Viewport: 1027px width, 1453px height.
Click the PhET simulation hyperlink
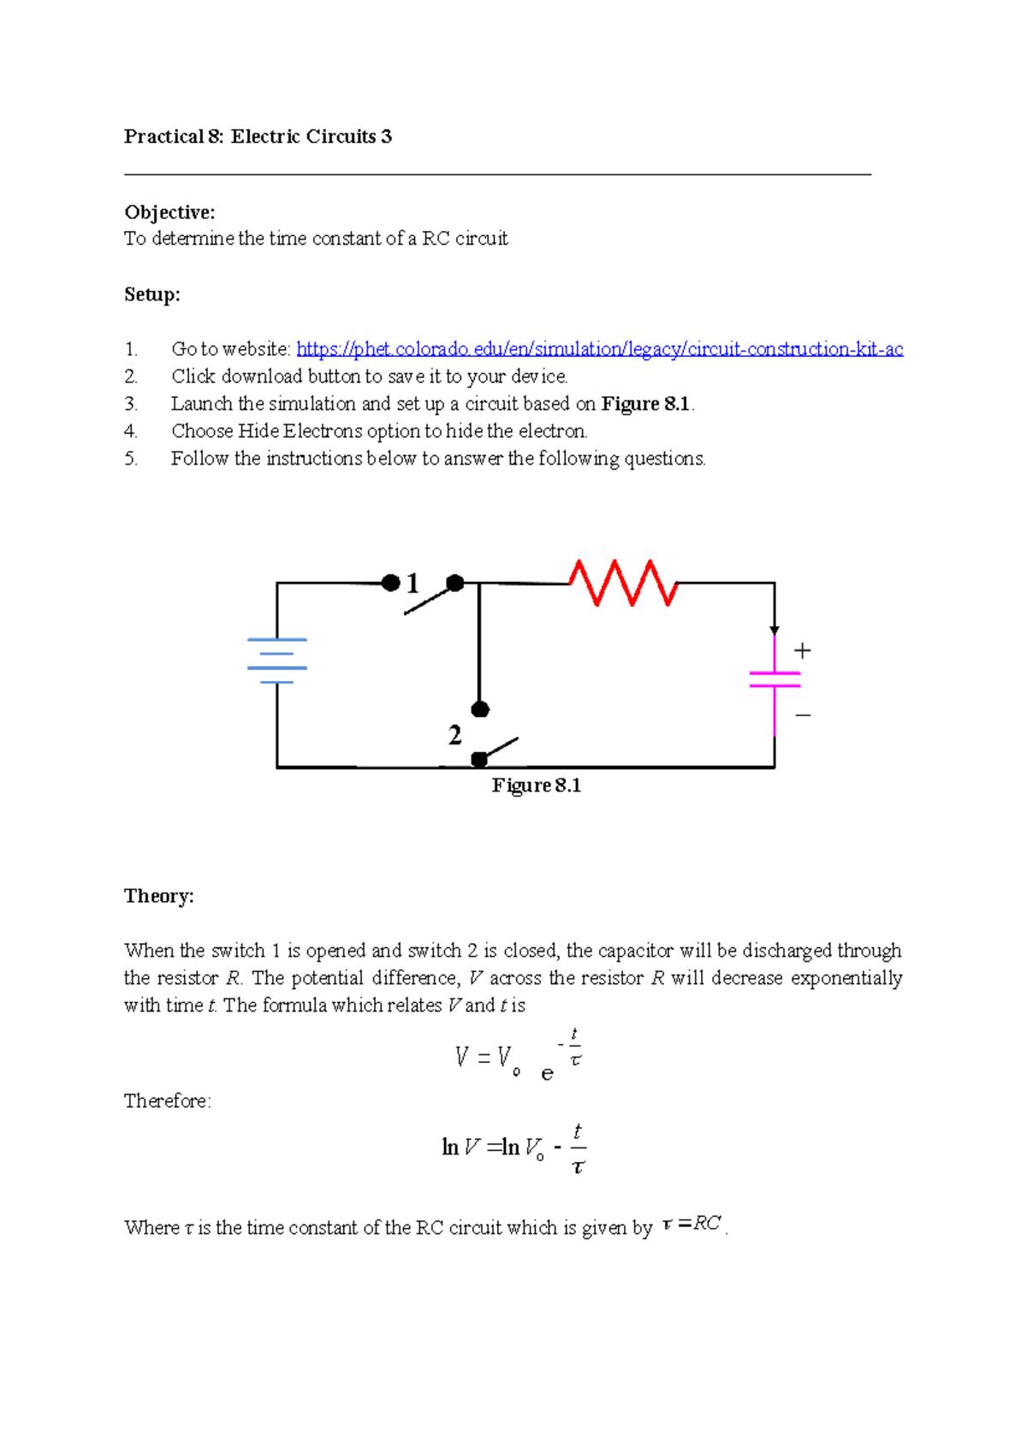pyautogui.click(x=599, y=349)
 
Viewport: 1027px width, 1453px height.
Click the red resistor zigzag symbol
pyautogui.click(x=624, y=583)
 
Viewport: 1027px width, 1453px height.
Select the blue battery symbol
pyautogui.click(x=276, y=661)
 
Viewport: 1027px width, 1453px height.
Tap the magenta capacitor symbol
pyautogui.click(x=775, y=679)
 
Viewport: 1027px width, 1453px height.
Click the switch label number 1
pyautogui.click(x=413, y=584)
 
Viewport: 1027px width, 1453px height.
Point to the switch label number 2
pyautogui.click(x=454, y=735)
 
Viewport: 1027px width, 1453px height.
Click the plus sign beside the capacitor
pyautogui.click(x=802, y=651)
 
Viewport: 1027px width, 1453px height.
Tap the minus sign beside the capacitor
pyautogui.click(x=803, y=715)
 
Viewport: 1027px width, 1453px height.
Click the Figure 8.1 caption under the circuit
pyautogui.click(x=537, y=786)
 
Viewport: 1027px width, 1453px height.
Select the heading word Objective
pyautogui.click(x=169, y=212)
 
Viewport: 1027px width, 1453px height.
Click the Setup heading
pyautogui.click(x=152, y=294)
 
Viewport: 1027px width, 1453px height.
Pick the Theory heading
pyautogui.click(x=159, y=896)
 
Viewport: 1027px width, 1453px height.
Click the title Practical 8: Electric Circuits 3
pyautogui.click(x=258, y=137)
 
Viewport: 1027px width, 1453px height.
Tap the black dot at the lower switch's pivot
pyautogui.click(x=480, y=759)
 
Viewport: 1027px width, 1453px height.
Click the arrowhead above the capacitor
pyautogui.click(x=775, y=631)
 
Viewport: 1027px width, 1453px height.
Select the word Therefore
pyautogui.click(x=167, y=1101)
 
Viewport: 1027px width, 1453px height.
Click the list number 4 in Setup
pyautogui.click(x=130, y=431)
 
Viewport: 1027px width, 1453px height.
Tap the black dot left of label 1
pyautogui.click(x=390, y=583)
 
